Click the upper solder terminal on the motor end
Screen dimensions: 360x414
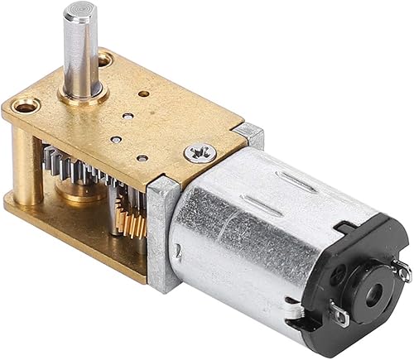[x=402, y=266]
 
